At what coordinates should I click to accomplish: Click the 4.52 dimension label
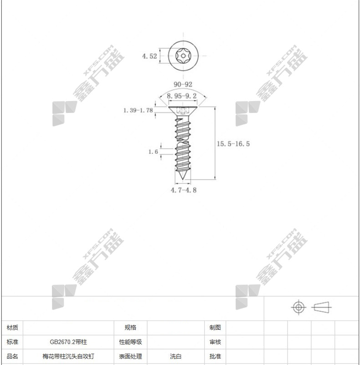pyautogui.click(x=149, y=56)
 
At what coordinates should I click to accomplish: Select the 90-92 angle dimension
pyautogui.click(x=183, y=84)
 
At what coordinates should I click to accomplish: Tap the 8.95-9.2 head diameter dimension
pyautogui.click(x=182, y=96)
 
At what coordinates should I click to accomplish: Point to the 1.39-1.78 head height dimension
pyautogui.click(x=138, y=110)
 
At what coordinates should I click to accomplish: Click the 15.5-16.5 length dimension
pyautogui.click(x=233, y=144)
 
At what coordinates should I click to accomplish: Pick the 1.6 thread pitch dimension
pyautogui.click(x=153, y=152)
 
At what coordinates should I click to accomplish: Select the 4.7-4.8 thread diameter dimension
pyautogui.click(x=184, y=190)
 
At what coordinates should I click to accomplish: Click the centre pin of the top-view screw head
pyautogui.click(x=183, y=56)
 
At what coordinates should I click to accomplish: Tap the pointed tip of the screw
pyautogui.click(x=182, y=179)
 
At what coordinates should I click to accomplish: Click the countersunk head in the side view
pyautogui.click(x=183, y=110)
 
